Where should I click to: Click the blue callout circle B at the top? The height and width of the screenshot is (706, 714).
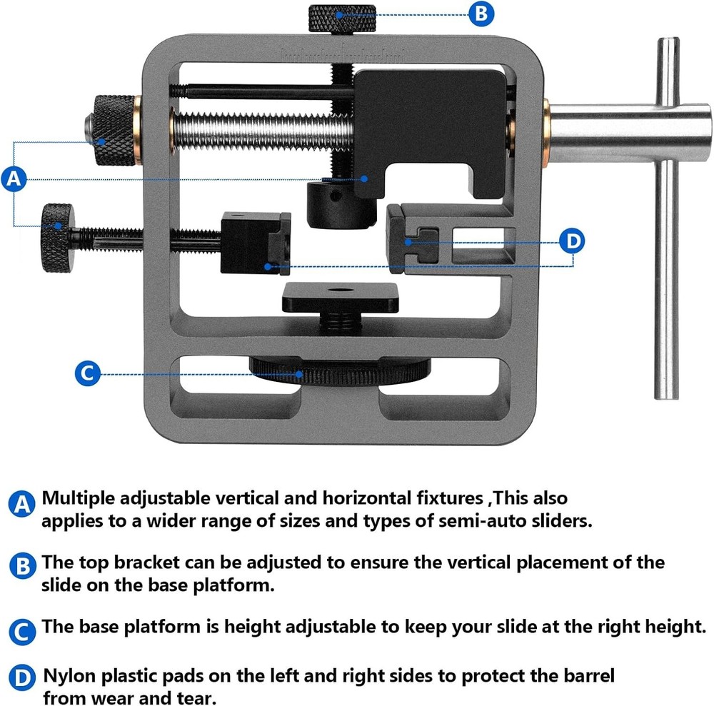[x=481, y=14]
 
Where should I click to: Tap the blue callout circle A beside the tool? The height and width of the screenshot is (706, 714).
[x=14, y=180]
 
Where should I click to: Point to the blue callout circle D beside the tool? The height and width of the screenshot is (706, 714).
[x=572, y=241]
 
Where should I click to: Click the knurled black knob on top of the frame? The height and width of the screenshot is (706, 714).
[x=342, y=18]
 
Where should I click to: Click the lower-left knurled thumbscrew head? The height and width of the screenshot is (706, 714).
[x=56, y=237]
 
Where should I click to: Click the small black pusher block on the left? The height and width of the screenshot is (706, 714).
[x=255, y=243]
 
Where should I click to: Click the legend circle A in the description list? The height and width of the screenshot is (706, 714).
[x=22, y=505]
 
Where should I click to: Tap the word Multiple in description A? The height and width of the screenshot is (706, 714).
[x=84, y=498]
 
